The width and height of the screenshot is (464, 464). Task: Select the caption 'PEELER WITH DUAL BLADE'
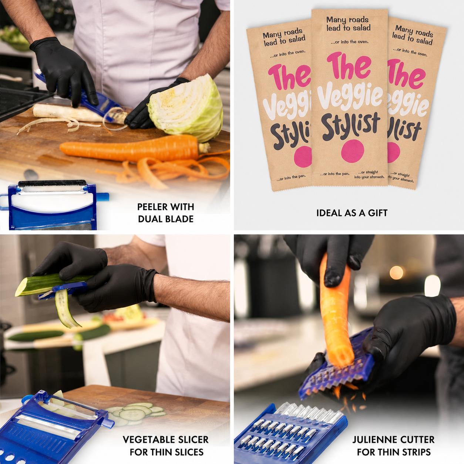click(166, 213)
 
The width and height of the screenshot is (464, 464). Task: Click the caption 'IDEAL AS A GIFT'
click(352, 213)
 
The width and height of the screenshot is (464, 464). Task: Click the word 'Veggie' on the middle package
click(350, 97)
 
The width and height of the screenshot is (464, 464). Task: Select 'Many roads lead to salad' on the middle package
click(348, 24)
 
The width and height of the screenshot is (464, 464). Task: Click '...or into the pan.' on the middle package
click(334, 174)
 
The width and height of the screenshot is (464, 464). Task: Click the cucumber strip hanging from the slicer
click(67, 309)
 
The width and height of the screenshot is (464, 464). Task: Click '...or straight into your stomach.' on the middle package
click(369, 175)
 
